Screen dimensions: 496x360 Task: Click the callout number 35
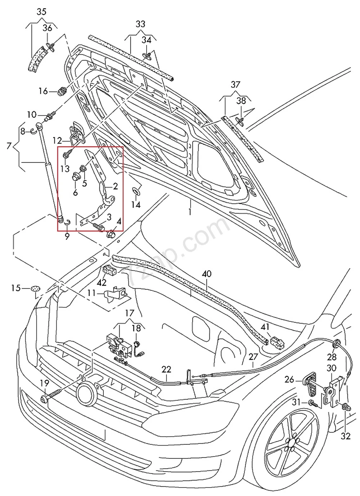[x=41, y=12]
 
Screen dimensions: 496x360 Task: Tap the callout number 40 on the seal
[x=207, y=274]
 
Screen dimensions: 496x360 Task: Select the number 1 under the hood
[x=191, y=211]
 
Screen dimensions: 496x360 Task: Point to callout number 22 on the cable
[x=166, y=369]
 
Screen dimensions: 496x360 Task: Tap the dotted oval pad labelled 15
[x=35, y=288]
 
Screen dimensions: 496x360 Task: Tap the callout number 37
[x=235, y=85]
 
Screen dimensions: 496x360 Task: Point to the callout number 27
[x=253, y=357]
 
